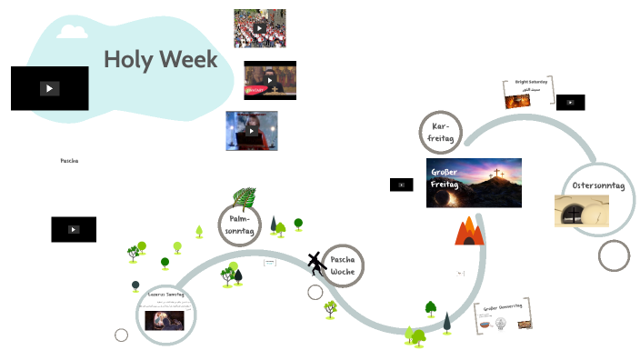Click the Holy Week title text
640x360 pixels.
[160, 60]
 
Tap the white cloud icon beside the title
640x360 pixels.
[72, 31]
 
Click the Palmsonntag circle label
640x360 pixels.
[240, 225]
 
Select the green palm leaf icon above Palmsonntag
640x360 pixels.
[244, 198]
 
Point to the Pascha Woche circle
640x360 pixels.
[343, 265]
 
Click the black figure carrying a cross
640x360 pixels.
[315, 264]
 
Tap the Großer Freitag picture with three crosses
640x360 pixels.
[474, 182]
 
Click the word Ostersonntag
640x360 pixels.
[597, 185]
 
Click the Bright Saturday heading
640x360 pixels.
[532, 82]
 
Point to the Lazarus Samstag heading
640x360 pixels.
[166, 295]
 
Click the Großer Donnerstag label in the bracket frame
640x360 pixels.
[502, 307]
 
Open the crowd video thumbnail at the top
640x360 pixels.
[259, 28]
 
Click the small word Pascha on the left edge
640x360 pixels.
[69, 160]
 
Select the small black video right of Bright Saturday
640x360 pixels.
[570, 102]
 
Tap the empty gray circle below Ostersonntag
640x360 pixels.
[614, 255]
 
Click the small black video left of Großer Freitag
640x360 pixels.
[401, 185]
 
